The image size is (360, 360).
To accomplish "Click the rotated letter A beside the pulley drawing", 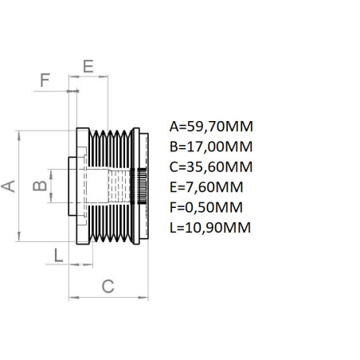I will (x=10, y=186).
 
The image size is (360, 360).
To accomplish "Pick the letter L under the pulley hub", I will (x=57, y=255).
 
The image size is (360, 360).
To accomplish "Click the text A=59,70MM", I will (x=211, y=126).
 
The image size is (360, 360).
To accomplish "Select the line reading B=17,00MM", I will (x=211, y=147).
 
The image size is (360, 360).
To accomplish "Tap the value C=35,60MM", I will (x=211, y=166).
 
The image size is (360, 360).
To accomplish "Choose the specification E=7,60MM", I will (x=207, y=187).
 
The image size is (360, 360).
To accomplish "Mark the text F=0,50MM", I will (x=207, y=207).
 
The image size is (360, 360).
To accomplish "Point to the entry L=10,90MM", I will (x=210, y=228).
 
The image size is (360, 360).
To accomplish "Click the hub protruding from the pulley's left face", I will (x=74, y=186).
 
